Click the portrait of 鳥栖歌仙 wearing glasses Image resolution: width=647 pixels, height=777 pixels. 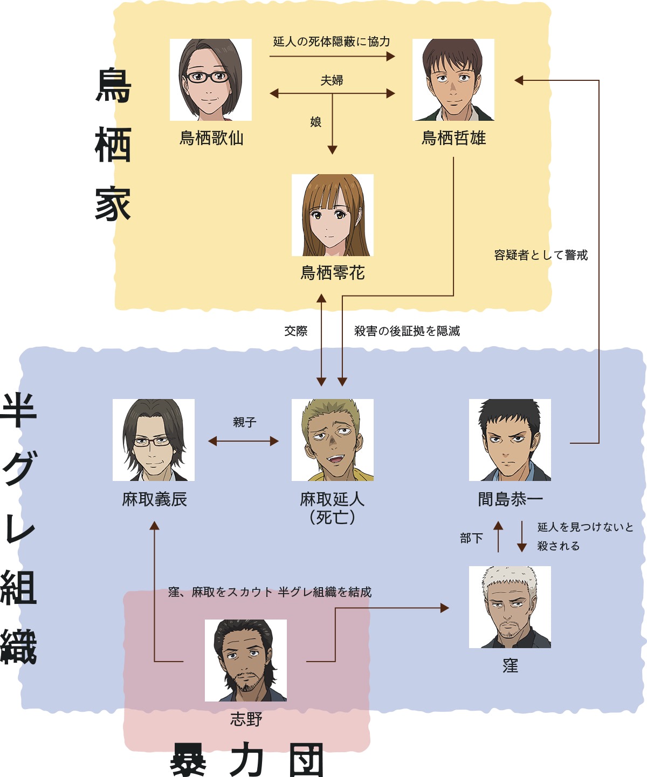pos(211,80)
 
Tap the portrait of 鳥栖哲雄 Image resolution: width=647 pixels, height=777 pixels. pos(453,80)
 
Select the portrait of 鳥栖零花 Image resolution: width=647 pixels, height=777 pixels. pos(333,215)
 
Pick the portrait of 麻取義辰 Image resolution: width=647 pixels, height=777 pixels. pos(154,440)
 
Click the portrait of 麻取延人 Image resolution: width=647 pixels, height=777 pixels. pos(333,440)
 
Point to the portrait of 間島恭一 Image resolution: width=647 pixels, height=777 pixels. pos(510,440)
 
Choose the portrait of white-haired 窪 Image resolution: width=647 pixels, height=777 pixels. pos(510,607)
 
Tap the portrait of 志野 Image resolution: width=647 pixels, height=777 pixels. pos(246,661)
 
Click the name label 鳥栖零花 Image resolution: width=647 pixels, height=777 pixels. pos(333,273)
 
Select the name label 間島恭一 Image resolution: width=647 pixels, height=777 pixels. pos(510,499)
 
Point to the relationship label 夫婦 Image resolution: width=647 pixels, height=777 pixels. pos(332,80)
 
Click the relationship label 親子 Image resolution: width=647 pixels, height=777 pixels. pos(244,422)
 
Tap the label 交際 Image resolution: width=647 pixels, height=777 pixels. pos(296,331)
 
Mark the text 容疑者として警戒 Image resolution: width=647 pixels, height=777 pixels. pos(541,255)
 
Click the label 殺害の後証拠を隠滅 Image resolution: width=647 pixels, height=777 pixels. pos(407,331)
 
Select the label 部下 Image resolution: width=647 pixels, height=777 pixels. pos(472,538)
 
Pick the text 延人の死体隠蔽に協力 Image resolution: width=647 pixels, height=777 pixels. pos(332,42)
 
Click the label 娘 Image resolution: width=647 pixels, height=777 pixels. pos(316,122)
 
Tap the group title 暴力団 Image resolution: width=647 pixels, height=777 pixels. pos(247,760)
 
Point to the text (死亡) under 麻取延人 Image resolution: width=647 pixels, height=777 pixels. pos(333,518)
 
